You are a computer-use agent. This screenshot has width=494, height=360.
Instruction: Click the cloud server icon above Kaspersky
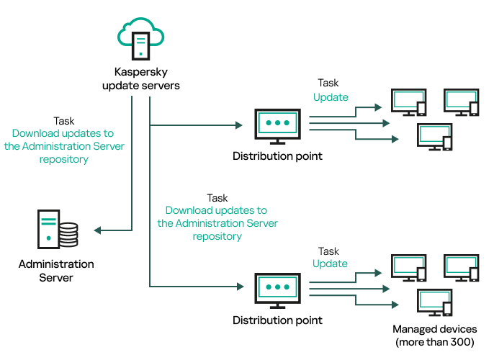[x=141, y=38]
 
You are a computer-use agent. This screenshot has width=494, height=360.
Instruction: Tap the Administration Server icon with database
[x=58, y=229]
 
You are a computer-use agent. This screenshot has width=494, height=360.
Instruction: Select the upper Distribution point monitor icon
[x=277, y=126]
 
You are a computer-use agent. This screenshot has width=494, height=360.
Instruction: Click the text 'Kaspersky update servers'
[x=141, y=78]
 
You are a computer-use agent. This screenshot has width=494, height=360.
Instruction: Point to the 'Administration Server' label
[x=56, y=271]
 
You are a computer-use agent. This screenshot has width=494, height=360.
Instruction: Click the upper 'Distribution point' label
[x=277, y=156]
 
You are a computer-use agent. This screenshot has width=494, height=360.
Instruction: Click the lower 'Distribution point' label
[x=277, y=320]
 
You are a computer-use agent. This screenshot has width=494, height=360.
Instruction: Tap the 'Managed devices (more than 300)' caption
[x=435, y=336]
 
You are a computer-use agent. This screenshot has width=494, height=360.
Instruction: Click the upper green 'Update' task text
[x=331, y=97]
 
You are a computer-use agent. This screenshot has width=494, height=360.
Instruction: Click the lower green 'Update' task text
[x=330, y=264]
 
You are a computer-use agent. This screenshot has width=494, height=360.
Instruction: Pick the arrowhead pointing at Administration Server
[x=97, y=230]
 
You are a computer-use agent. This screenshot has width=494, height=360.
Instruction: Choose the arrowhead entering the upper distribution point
[x=239, y=125]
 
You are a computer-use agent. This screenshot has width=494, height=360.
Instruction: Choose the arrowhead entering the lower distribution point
[x=241, y=287]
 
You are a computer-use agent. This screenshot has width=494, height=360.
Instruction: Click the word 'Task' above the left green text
[x=64, y=121]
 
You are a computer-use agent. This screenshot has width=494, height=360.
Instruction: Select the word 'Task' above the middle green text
[x=217, y=198]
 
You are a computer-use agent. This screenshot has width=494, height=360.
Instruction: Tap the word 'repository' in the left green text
[x=64, y=159]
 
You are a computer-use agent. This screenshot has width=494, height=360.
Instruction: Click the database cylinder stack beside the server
[x=68, y=235]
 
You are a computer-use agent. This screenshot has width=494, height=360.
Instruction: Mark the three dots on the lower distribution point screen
[x=277, y=287]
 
